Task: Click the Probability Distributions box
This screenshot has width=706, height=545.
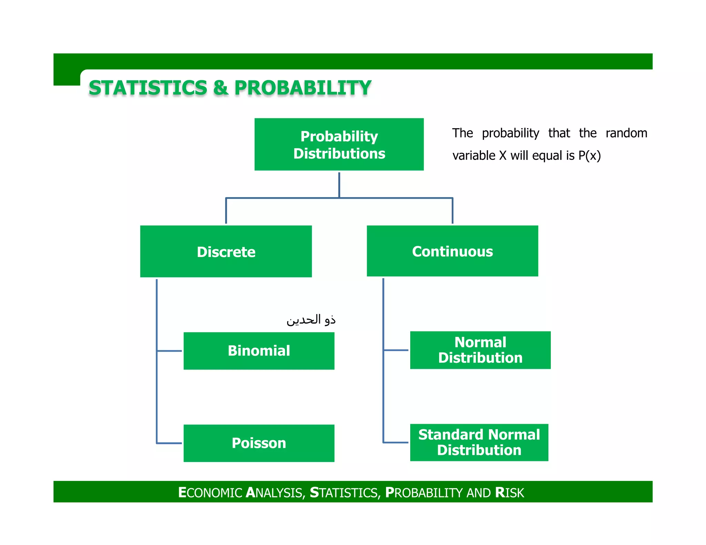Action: point(339,144)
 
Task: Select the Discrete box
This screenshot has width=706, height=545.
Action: point(226,251)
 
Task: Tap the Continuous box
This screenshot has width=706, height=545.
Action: point(452,251)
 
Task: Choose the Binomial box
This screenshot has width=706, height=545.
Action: point(259,351)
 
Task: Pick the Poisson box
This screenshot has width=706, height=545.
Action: point(259,443)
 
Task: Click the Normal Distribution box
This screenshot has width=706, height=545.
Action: point(480,350)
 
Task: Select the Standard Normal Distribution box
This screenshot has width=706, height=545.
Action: point(479,442)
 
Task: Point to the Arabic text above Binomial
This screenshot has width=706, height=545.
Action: point(311,320)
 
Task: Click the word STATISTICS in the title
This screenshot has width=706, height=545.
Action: point(148,88)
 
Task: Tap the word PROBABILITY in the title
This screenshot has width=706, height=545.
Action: point(303,88)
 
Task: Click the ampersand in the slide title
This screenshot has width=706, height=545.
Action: point(221,88)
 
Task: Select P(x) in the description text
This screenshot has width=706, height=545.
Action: point(589,156)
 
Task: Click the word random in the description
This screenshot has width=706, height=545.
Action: point(626,133)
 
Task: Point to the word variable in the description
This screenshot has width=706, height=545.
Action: point(474,156)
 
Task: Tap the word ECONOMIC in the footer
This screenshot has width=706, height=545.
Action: point(210,493)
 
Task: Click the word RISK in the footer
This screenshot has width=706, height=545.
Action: point(509,493)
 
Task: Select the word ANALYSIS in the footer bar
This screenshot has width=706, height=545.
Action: point(274,493)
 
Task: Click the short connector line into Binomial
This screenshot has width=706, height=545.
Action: point(169,351)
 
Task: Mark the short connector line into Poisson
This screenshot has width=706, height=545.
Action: point(169,443)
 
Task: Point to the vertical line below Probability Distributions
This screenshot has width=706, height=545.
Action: point(339,185)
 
